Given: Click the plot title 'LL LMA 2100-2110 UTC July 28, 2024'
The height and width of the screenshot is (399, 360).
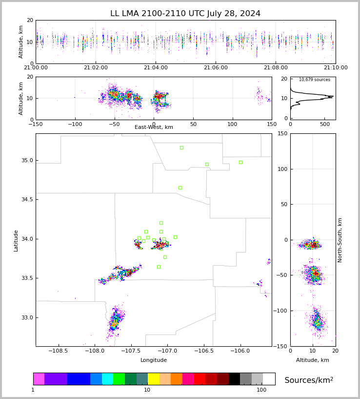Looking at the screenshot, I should [x=185, y=14].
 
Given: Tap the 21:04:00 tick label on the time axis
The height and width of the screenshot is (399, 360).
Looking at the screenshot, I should [x=155, y=68].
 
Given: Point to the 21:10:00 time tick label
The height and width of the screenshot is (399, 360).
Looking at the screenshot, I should [x=336, y=68].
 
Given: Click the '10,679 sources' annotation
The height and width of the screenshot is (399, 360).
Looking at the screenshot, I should [x=314, y=80].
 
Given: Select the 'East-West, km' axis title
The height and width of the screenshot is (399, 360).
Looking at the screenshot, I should [x=154, y=127].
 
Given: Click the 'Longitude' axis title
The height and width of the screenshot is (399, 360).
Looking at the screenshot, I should [x=154, y=360].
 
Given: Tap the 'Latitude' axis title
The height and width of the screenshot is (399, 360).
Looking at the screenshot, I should [x=16, y=240].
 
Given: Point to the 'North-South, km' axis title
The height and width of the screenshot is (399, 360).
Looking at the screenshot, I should [x=340, y=240].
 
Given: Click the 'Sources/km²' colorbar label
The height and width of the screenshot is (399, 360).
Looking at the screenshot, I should [x=309, y=380].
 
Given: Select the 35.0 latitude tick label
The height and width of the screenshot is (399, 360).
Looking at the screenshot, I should [x=27, y=160].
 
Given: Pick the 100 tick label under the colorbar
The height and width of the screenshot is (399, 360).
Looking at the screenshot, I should [x=261, y=390].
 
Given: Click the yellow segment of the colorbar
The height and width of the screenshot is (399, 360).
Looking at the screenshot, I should [x=153, y=379].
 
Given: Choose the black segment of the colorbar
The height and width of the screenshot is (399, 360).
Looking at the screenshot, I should [x=234, y=379].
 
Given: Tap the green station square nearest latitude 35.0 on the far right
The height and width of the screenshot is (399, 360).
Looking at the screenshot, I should [x=240, y=162].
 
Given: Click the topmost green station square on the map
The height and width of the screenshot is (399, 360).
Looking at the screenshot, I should [x=181, y=147].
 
